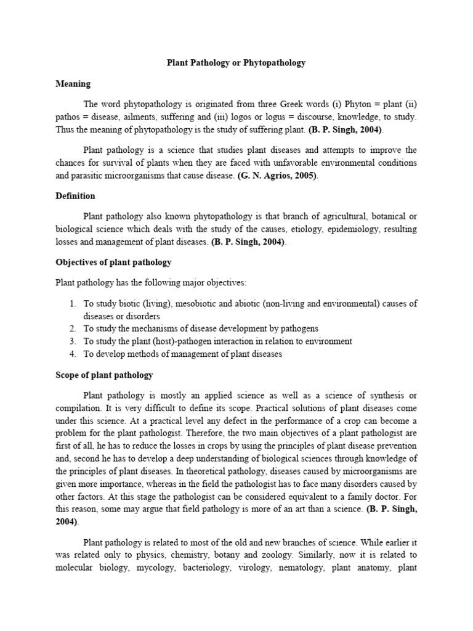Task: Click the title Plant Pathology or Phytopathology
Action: (x=236, y=63)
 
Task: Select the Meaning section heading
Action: (x=73, y=83)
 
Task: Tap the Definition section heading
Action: (x=75, y=195)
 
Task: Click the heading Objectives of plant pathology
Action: (x=113, y=262)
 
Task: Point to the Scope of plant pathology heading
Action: (x=104, y=375)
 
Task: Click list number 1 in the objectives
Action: (x=72, y=304)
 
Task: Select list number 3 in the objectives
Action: (x=72, y=341)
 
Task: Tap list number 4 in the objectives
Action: (x=72, y=354)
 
